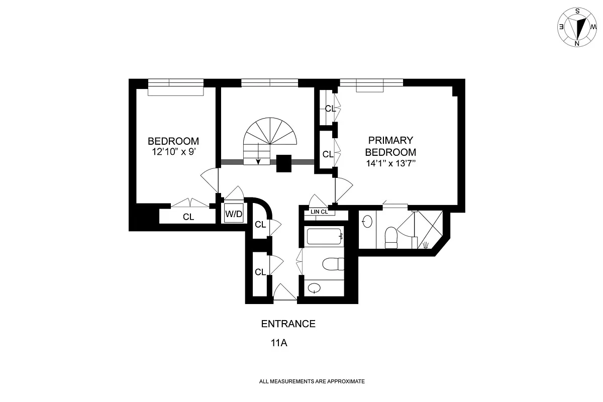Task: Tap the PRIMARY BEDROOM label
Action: [x=390, y=146]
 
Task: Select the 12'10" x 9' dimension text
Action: [x=173, y=152]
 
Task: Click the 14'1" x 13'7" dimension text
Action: [x=390, y=163]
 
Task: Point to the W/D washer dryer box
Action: [x=233, y=214]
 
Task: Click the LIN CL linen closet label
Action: [x=320, y=212]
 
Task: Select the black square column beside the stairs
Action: [x=284, y=163]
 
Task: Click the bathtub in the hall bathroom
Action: [x=324, y=236]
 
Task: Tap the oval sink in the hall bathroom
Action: [x=314, y=288]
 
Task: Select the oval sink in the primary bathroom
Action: [x=367, y=221]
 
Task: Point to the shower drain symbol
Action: [x=426, y=245]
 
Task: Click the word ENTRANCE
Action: [x=288, y=324]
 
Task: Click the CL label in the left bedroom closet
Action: [x=188, y=217]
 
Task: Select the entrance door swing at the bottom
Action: [x=285, y=293]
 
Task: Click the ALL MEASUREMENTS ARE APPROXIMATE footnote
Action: [x=312, y=382]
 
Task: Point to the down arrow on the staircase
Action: [x=259, y=160]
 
